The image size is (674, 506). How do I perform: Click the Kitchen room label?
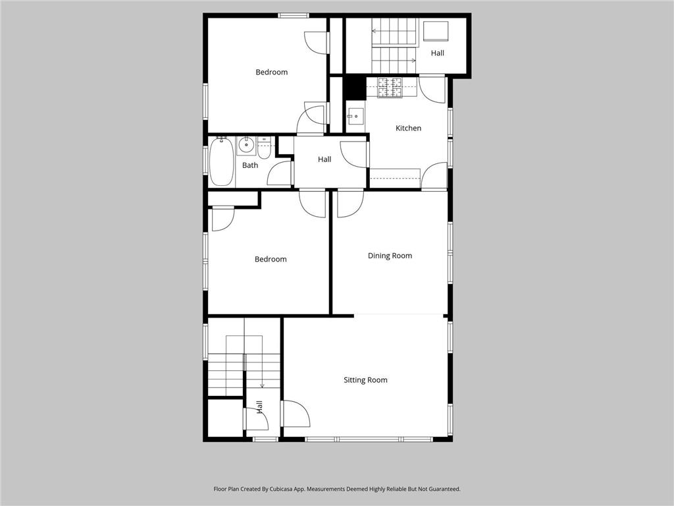pyautogui.click(x=408, y=128)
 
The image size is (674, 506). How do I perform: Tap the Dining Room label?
pyautogui.click(x=390, y=256)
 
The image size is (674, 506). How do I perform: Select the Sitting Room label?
pyautogui.click(x=365, y=379)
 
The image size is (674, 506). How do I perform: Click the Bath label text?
pyautogui.click(x=250, y=165)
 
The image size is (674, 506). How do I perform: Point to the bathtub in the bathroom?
pyautogui.click(x=221, y=161)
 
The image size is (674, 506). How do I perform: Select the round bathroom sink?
pyautogui.click(x=246, y=145)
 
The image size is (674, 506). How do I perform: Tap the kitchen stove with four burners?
pyautogui.click(x=389, y=88)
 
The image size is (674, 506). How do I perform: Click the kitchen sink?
pyautogui.click(x=355, y=117)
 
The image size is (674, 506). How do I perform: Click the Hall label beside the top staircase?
pyautogui.click(x=438, y=53)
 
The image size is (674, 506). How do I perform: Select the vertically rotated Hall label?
pyautogui.click(x=259, y=408)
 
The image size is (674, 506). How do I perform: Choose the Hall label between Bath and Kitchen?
pyautogui.click(x=324, y=159)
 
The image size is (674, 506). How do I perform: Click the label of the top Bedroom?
pyautogui.click(x=271, y=72)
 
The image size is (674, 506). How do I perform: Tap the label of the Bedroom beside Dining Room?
pyautogui.click(x=271, y=259)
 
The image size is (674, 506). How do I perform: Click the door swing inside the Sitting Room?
pyautogui.click(x=296, y=414)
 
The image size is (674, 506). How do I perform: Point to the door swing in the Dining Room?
pyautogui.click(x=349, y=203)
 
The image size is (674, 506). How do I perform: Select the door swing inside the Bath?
pyautogui.click(x=280, y=173)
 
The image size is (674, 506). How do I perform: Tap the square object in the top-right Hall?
pyautogui.click(x=435, y=32)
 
